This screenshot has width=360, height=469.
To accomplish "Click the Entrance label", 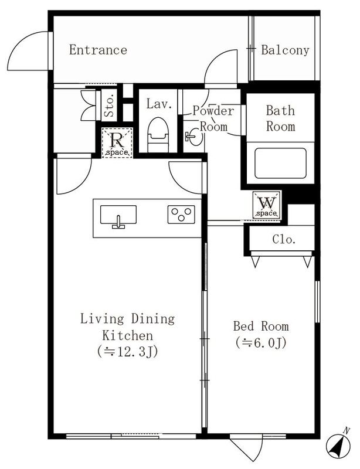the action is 98,50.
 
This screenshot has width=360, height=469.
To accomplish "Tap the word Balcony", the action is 285,50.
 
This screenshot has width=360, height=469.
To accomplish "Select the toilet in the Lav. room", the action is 159,135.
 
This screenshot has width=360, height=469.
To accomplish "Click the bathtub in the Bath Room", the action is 280,163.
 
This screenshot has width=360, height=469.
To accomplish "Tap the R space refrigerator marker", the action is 117,142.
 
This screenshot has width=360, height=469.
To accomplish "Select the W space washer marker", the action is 266,205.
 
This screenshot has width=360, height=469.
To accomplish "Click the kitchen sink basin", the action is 118,215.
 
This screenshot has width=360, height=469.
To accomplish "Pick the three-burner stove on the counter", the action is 181,215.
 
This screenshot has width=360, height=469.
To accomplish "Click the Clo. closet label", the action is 284,239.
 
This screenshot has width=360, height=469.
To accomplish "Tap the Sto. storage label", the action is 110,106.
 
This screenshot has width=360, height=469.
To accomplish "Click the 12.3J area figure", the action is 127,352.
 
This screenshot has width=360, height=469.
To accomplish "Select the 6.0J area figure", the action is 261,343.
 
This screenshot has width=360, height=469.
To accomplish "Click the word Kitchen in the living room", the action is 128,335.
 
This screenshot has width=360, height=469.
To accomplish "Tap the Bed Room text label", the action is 261,326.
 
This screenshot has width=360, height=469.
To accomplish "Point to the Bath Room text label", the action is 281,119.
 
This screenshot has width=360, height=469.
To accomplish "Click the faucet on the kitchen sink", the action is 118,222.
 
